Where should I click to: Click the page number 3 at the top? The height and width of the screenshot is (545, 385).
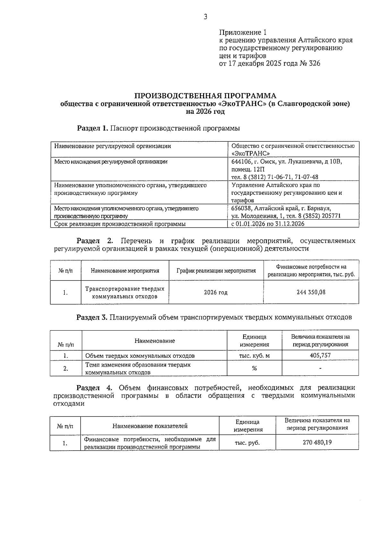[x=205, y=17]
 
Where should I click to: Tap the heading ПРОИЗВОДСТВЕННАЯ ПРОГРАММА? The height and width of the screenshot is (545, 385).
[x=205, y=96]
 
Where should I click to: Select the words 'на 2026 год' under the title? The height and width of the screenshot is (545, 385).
[x=205, y=112]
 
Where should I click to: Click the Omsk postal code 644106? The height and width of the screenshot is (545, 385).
[x=240, y=162]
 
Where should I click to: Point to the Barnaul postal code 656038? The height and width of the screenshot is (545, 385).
[x=240, y=208]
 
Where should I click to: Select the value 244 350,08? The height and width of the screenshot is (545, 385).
[x=311, y=292]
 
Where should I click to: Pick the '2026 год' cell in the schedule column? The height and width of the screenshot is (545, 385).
[x=216, y=292]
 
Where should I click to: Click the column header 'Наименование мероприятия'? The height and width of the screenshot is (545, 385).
[x=125, y=271]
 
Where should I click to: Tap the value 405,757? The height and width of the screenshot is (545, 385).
[x=320, y=355]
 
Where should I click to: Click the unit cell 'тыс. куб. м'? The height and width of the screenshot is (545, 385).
[x=254, y=356]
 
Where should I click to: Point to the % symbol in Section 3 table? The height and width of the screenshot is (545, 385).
[x=254, y=368]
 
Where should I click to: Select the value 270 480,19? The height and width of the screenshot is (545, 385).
[x=317, y=442]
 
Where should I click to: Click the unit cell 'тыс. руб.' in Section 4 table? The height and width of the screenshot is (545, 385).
[x=247, y=443]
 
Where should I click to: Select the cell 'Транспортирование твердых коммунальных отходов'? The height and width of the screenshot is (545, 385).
[x=125, y=292]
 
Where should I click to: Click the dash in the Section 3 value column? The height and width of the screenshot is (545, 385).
[x=320, y=368]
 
